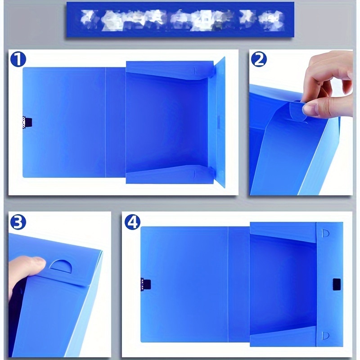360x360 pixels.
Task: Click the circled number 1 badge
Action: point(18,60)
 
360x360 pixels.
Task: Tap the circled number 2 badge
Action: point(259,60)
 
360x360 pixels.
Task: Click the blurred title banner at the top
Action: point(180,19)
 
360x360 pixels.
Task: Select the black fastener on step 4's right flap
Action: point(336,284)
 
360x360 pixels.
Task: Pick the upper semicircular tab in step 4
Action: point(326,233)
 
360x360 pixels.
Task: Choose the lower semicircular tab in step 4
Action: point(326,335)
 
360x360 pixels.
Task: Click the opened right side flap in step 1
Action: point(220,121)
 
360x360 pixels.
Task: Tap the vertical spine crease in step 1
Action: point(106,121)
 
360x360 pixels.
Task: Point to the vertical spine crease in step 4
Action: point(229,283)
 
